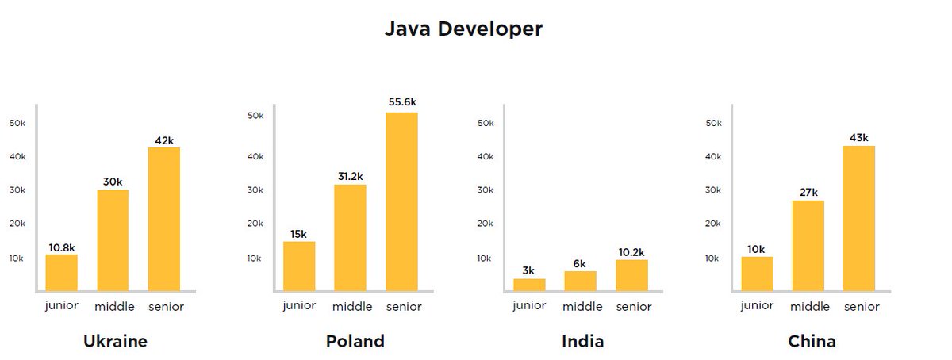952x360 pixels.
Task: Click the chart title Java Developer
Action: [463, 29]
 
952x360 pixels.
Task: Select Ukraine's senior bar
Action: [163, 219]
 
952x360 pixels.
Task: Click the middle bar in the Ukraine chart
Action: [113, 240]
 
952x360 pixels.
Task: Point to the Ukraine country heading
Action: [115, 342]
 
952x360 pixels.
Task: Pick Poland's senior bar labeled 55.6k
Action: [401, 201]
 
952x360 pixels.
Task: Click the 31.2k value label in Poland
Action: [350, 176]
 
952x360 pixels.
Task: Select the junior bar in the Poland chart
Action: [299, 266]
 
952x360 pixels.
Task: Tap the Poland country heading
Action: [355, 342]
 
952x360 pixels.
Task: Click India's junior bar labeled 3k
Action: [529, 285]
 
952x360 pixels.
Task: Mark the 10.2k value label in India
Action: [631, 251]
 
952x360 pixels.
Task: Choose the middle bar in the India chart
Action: [580, 281]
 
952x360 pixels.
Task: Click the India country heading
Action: [582, 342]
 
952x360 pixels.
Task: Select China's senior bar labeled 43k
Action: [859, 218]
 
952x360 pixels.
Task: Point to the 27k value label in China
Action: [808, 192]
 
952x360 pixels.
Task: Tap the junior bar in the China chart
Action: [758, 274]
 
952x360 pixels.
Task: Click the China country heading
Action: [812, 342]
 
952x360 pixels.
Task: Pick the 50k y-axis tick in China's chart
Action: [713, 123]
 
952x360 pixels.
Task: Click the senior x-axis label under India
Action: [633, 306]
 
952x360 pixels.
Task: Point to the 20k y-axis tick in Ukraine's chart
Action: [17, 224]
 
